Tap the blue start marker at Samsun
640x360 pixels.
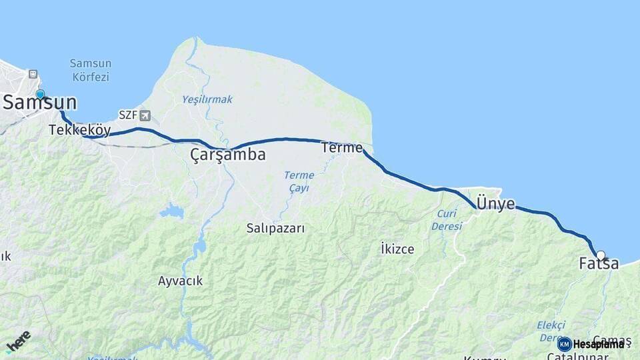click(x=40, y=94)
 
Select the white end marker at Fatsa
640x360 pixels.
click(x=601, y=255)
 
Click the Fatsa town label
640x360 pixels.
click(x=599, y=264)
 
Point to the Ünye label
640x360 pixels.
click(x=496, y=204)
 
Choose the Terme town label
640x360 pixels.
click(x=341, y=147)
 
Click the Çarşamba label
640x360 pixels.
click(x=228, y=155)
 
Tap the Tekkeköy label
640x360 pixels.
click(x=79, y=130)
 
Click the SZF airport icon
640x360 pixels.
click(x=145, y=115)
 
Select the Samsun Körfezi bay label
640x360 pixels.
click(x=90, y=70)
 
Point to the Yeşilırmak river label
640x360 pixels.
click(x=207, y=99)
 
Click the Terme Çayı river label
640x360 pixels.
click(x=299, y=181)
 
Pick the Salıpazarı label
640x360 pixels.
click(x=275, y=229)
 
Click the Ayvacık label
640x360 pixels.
click(x=180, y=281)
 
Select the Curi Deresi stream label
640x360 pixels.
click(x=447, y=220)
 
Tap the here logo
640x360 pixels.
click(x=18, y=341)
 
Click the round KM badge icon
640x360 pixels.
click(x=565, y=344)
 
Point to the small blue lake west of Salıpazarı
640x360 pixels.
click(x=172, y=212)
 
